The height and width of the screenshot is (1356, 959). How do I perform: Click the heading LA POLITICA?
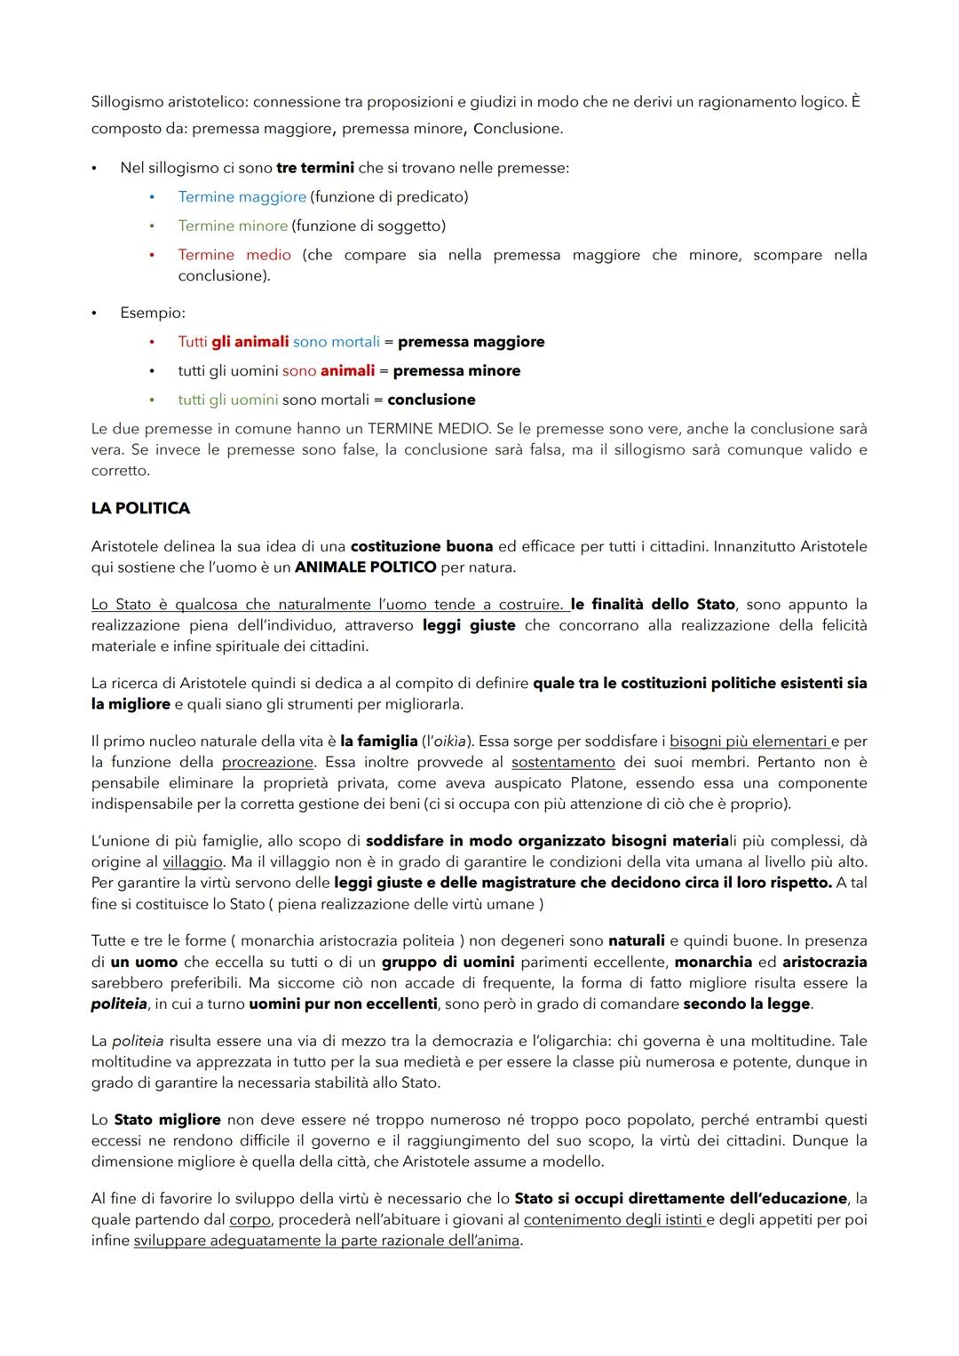(x=140, y=508)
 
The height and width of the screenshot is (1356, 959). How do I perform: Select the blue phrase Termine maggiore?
(x=242, y=196)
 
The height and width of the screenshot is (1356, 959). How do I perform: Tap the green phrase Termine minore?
(x=233, y=226)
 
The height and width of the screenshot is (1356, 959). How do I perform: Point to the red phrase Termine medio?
(x=234, y=255)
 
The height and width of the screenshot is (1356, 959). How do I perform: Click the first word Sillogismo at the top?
(x=128, y=101)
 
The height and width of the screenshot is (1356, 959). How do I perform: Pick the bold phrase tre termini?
(x=315, y=167)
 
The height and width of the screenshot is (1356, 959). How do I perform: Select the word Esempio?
(x=152, y=313)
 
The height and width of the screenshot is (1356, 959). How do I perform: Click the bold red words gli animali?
(x=250, y=342)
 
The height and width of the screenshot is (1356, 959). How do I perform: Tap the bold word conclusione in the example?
(x=432, y=400)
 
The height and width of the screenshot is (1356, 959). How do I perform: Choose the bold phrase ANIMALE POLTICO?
(x=365, y=567)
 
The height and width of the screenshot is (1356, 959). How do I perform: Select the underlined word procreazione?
(x=267, y=762)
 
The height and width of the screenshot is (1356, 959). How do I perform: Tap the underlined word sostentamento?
(x=563, y=762)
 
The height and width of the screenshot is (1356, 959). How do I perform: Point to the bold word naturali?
(x=636, y=940)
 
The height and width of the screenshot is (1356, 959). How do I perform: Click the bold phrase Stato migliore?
(x=167, y=1120)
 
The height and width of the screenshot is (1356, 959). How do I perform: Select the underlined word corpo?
(x=250, y=1219)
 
